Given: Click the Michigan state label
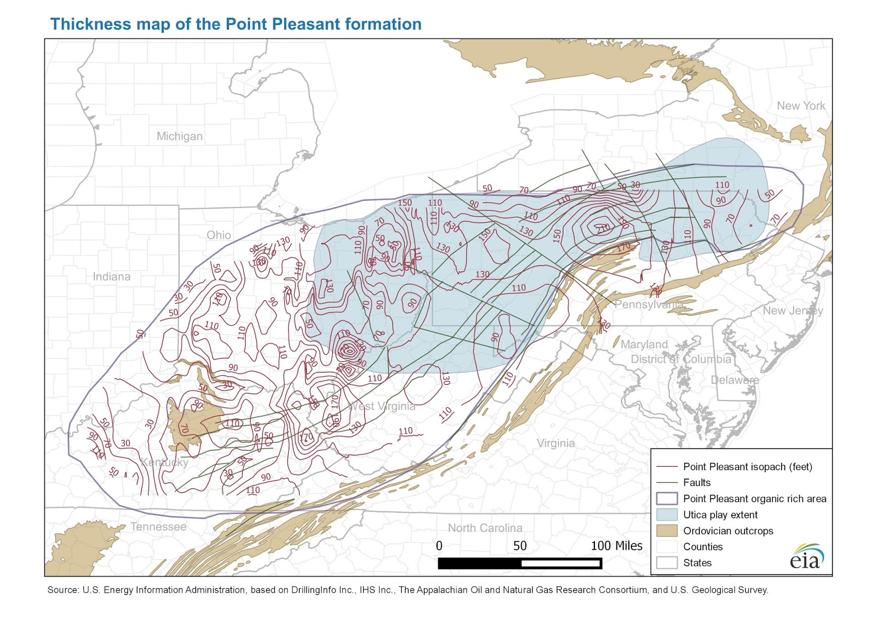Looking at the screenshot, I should point(179,136).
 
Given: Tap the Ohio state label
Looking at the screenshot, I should point(219,235).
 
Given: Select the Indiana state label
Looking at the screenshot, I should point(111,277).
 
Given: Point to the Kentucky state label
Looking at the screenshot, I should point(164,462).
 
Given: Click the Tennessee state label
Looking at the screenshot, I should point(158,527).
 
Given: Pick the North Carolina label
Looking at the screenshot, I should point(485,528).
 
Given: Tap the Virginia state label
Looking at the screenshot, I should point(555,443).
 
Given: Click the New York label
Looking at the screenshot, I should point(801,106).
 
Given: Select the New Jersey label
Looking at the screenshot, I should point(792,311).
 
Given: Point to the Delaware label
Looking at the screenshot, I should point(735,380).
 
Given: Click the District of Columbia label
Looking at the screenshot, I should point(680,359).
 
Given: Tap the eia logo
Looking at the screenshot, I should point(806,557).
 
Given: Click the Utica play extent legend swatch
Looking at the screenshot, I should point(667,515).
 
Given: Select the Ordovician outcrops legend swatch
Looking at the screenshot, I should point(667,531).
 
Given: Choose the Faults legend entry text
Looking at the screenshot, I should point(696,483).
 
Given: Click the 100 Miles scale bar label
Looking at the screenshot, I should point(616,546).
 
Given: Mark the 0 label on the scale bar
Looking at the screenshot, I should point(439,546).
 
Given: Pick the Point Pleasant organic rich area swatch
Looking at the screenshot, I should point(667,499).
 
